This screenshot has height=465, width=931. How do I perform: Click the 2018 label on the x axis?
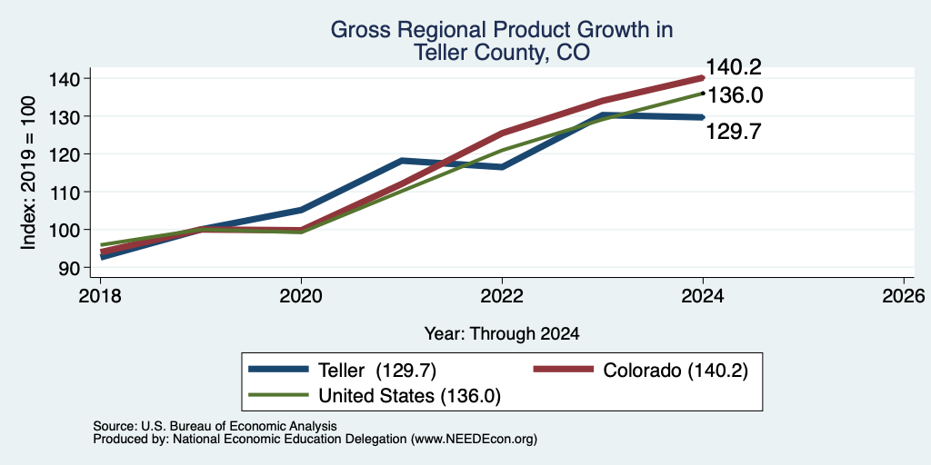[100, 295]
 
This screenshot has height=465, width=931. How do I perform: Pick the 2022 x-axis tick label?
[502, 295]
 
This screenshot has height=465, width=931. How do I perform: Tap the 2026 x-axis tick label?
[905, 295]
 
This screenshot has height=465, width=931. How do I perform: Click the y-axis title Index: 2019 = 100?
[28, 173]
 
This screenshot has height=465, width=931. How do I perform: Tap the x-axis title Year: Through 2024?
[502, 334]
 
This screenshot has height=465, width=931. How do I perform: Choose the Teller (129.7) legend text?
[377, 371]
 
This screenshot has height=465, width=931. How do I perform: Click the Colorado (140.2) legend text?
[676, 371]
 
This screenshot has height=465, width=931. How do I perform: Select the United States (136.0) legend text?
[410, 396]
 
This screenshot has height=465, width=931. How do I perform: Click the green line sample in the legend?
[279, 395]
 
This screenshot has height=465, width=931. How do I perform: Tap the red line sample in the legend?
[564, 370]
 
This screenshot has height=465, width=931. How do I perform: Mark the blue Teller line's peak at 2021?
[402, 161]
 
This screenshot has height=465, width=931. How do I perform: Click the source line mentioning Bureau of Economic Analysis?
[215, 426]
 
